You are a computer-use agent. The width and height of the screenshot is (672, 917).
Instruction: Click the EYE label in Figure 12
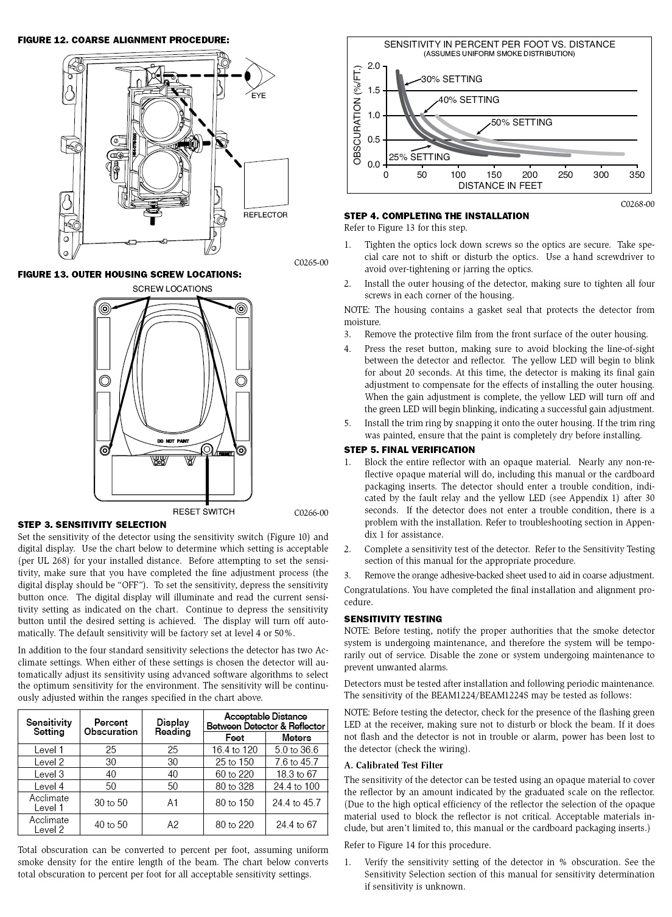[x=258, y=96]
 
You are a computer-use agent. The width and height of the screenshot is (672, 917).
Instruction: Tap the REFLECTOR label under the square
[x=265, y=214]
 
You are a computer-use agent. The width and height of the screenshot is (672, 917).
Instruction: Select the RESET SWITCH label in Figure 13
[x=203, y=511]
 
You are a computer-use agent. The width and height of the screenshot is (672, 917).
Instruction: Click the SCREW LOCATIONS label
[x=172, y=289]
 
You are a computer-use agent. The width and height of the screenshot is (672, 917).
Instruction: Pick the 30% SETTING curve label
[x=452, y=79]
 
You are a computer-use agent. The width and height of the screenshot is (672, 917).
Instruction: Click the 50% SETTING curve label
[x=522, y=122]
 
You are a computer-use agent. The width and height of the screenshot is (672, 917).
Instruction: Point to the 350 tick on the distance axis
[x=637, y=175]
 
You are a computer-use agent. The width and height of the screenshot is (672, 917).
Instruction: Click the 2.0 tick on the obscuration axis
[x=374, y=66]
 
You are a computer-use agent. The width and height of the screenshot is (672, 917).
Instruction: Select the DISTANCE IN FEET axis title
[x=500, y=186]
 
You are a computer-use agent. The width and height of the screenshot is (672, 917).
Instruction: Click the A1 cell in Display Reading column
[x=173, y=803]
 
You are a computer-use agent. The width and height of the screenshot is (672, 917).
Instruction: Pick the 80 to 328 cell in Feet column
[x=234, y=786]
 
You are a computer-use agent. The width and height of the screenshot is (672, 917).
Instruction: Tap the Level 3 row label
[x=49, y=774]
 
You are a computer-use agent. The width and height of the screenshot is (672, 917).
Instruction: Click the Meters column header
[x=296, y=738]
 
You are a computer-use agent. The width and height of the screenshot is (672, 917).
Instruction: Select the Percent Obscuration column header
[x=111, y=727]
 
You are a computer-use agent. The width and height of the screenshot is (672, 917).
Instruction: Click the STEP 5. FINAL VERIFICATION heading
[x=409, y=450]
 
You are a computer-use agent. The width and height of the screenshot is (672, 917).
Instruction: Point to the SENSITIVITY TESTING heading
[x=393, y=619]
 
